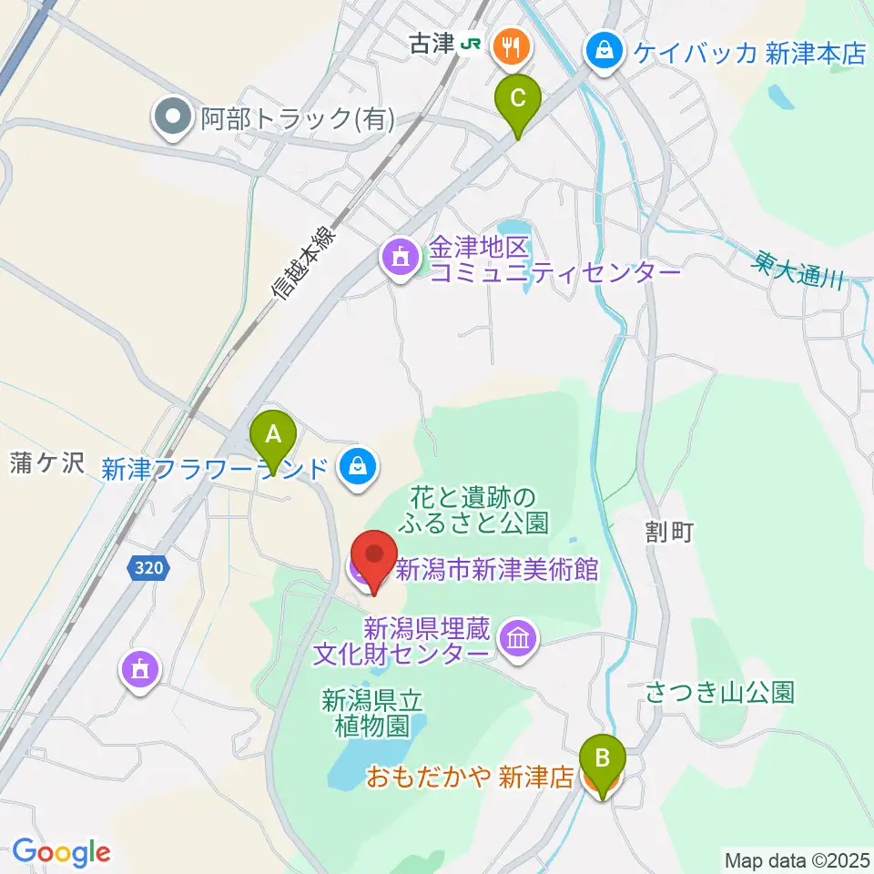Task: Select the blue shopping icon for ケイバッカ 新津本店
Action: [604, 51]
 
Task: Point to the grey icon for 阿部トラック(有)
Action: [171, 117]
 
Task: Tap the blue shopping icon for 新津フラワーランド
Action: [354, 467]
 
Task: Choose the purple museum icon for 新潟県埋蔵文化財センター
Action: [518, 638]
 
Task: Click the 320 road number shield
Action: [148, 568]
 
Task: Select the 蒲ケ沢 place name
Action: [46, 464]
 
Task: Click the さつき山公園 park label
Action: [720, 693]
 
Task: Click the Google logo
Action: [61, 852]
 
